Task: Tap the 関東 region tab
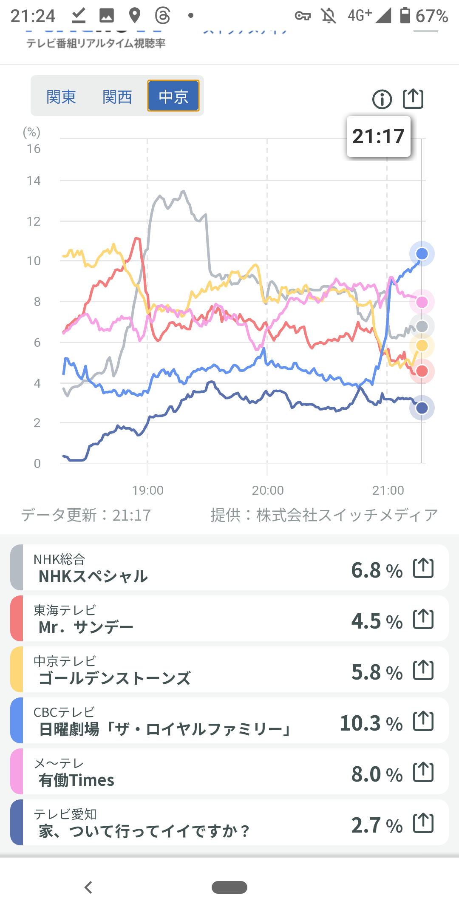[x=61, y=97]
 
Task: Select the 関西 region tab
[x=117, y=97]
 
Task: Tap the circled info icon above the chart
[x=382, y=99]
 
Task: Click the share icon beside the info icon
[x=413, y=99]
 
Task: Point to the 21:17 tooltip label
[x=378, y=136]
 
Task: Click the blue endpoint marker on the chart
[x=422, y=254]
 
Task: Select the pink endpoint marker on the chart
[x=422, y=302]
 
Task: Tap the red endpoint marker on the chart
[x=422, y=371]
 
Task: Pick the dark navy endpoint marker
[x=422, y=408]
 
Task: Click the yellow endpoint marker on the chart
[x=422, y=346]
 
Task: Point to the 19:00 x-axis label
[x=147, y=490]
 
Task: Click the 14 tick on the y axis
[x=34, y=181]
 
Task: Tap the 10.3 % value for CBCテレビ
[x=371, y=723]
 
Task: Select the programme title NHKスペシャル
[x=93, y=576]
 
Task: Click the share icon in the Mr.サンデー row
[x=423, y=619]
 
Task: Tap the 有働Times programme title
[x=76, y=780]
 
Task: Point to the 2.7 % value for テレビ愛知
[x=377, y=825]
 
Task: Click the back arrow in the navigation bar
[x=88, y=887]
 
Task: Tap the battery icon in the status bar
[x=405, y=15]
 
